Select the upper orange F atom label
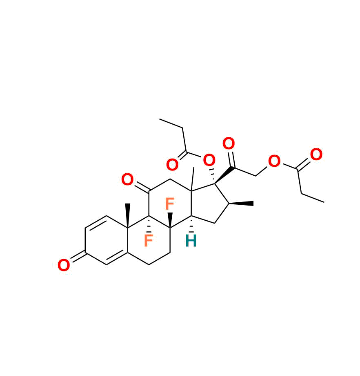pos(170,204)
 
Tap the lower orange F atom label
pos(149,240)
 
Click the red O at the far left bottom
pos(64,265)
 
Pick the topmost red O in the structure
pos(229,143)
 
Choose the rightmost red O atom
pos(316,154)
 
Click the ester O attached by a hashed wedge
pos(209,160)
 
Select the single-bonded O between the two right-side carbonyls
pos(274,161)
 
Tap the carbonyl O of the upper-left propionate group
pos(172,165)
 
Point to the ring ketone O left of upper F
pos(127,179)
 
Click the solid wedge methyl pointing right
pos(241,204)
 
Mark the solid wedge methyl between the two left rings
pos(128,215)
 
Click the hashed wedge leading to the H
pos(191,224)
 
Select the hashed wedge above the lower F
pos(149,224)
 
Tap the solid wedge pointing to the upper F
pos(170,220)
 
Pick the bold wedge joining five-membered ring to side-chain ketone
pos(224,175)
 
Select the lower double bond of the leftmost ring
pos(117,257)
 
